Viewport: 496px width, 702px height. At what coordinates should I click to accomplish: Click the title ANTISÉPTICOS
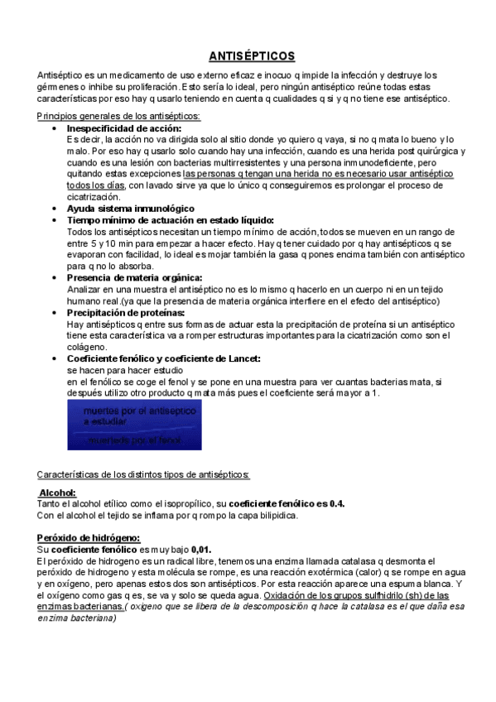(251, 56)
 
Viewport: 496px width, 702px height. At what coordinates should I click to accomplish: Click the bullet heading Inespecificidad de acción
(123, 128)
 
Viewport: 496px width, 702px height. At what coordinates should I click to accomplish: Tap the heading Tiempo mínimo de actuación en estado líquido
(170, 220)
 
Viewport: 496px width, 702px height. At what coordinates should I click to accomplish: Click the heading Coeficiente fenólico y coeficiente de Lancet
(163, 358)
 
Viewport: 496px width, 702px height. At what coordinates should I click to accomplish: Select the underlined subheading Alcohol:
(58, 493)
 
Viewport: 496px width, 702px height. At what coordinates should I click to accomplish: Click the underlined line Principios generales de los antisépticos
(118, 115)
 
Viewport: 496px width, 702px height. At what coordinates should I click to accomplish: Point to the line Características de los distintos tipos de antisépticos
(143, 474)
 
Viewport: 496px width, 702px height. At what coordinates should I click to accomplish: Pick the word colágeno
(87, 347)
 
